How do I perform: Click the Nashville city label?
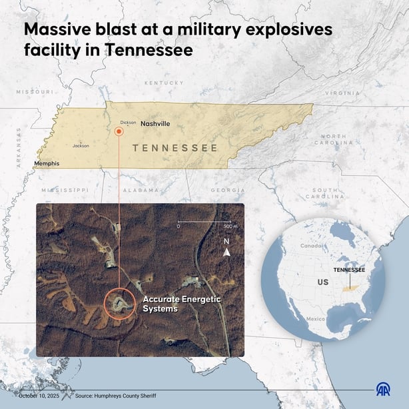pyautogui.click(x=155, y=124)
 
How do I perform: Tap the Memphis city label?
pyautogui.click(x=47, y=163)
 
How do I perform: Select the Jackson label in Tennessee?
pyautogui.click(x=81, y=145)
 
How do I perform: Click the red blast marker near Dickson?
pyautogui.click(x=119, y=132)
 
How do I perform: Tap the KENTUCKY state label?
pyautogui.click(x=164, y=83)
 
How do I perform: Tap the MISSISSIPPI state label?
pyautogui.click(x=65, y=190)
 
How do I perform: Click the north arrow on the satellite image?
pyautogui.click(x=226, y=252)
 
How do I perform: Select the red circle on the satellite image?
pyautogui.click(x=120, y=304)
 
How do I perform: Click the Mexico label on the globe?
pyautogui.click(x=315, y=319)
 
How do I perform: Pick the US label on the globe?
pyautogui.click(x=323, y=282)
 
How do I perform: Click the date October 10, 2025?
pyautogui.click(x=39, y=396)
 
